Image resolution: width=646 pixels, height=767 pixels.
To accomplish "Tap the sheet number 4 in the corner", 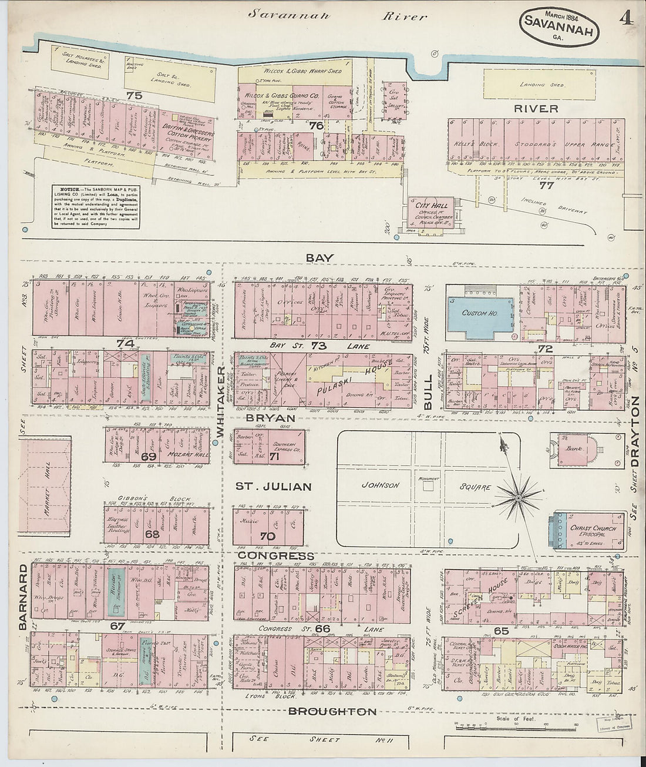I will (x=625, y=19).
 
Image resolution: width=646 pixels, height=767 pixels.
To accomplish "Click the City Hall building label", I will (x=432, y=206).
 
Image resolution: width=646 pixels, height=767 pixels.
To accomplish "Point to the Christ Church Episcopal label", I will (x=593, y=531).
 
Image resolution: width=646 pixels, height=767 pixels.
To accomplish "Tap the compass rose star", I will (x=518, y=498).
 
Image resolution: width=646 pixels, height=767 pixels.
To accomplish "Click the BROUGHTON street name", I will (x=332, y=712).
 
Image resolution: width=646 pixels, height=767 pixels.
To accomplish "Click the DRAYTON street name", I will (x=634, y=431).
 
